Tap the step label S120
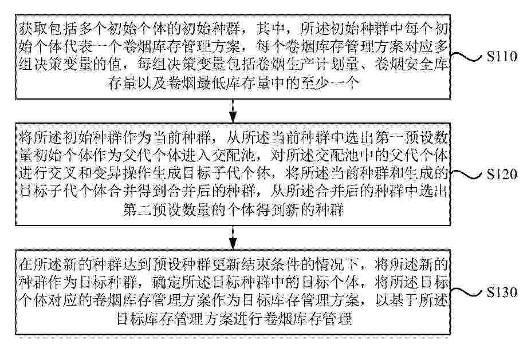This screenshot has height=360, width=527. tap(502, 175)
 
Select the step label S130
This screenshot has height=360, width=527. tap(502, 292)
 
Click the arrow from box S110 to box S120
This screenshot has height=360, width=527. tap(233, 111)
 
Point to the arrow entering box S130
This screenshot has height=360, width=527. tap(233, 238)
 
